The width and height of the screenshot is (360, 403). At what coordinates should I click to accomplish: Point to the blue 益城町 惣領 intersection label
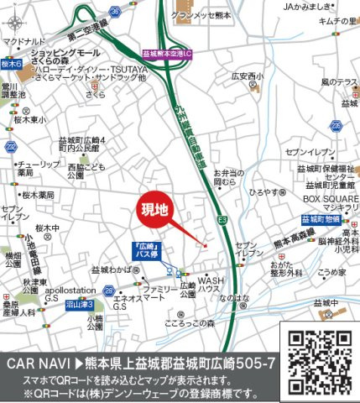tap(319, 220)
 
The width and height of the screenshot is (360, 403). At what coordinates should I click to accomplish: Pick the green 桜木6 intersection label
tap(11, 63)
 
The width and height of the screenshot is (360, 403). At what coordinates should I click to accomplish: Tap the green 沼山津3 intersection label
tap(79, 303)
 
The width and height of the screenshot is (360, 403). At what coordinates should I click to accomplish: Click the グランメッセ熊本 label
tap(202, 14)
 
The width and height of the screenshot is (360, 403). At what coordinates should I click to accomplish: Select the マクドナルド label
tap(23, 39)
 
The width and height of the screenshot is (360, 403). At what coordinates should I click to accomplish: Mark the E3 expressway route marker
tap(223, 219)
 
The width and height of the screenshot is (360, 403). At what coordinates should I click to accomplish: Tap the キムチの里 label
tap(340, 20)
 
